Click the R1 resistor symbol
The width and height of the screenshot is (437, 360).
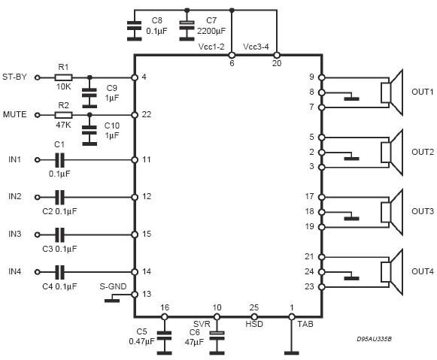point(63,77)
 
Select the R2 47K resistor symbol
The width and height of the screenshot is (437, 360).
point(63,115)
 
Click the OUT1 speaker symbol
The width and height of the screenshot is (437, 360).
point(392,92)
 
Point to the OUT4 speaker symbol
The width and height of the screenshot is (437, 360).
point(392,272)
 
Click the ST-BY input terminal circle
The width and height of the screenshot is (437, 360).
point(38,77)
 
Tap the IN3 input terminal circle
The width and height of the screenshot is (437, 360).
point(38,234)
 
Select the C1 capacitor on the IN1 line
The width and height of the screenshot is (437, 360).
point(59,160)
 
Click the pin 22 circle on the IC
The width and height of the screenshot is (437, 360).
point(135,115)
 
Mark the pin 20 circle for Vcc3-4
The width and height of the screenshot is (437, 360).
point(277,55)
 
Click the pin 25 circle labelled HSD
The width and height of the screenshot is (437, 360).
point(254,316)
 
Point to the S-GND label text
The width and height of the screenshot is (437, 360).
point(113,286)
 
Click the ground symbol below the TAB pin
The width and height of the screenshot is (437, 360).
point(292,353)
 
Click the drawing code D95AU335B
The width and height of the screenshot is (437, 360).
point(374,339)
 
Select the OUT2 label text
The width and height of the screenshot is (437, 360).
point(423,152)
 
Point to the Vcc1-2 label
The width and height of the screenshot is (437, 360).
point(211,47)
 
